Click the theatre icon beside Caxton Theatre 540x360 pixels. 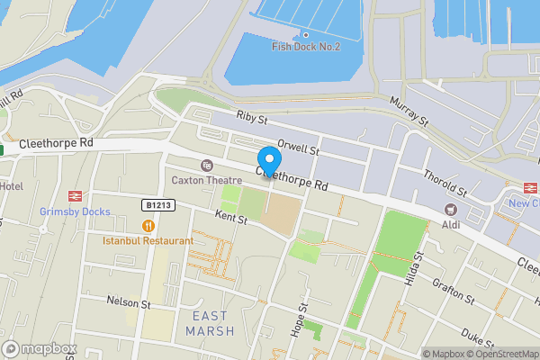click(x=207, y=165)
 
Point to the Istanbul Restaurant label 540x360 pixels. click(x=148, y=240)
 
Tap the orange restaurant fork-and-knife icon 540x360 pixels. click(x=148, y=226)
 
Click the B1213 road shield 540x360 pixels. click(x=157, y=205)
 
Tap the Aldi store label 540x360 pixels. click(x=450, y=223)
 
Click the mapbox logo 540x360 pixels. click(x=40, y=348)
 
